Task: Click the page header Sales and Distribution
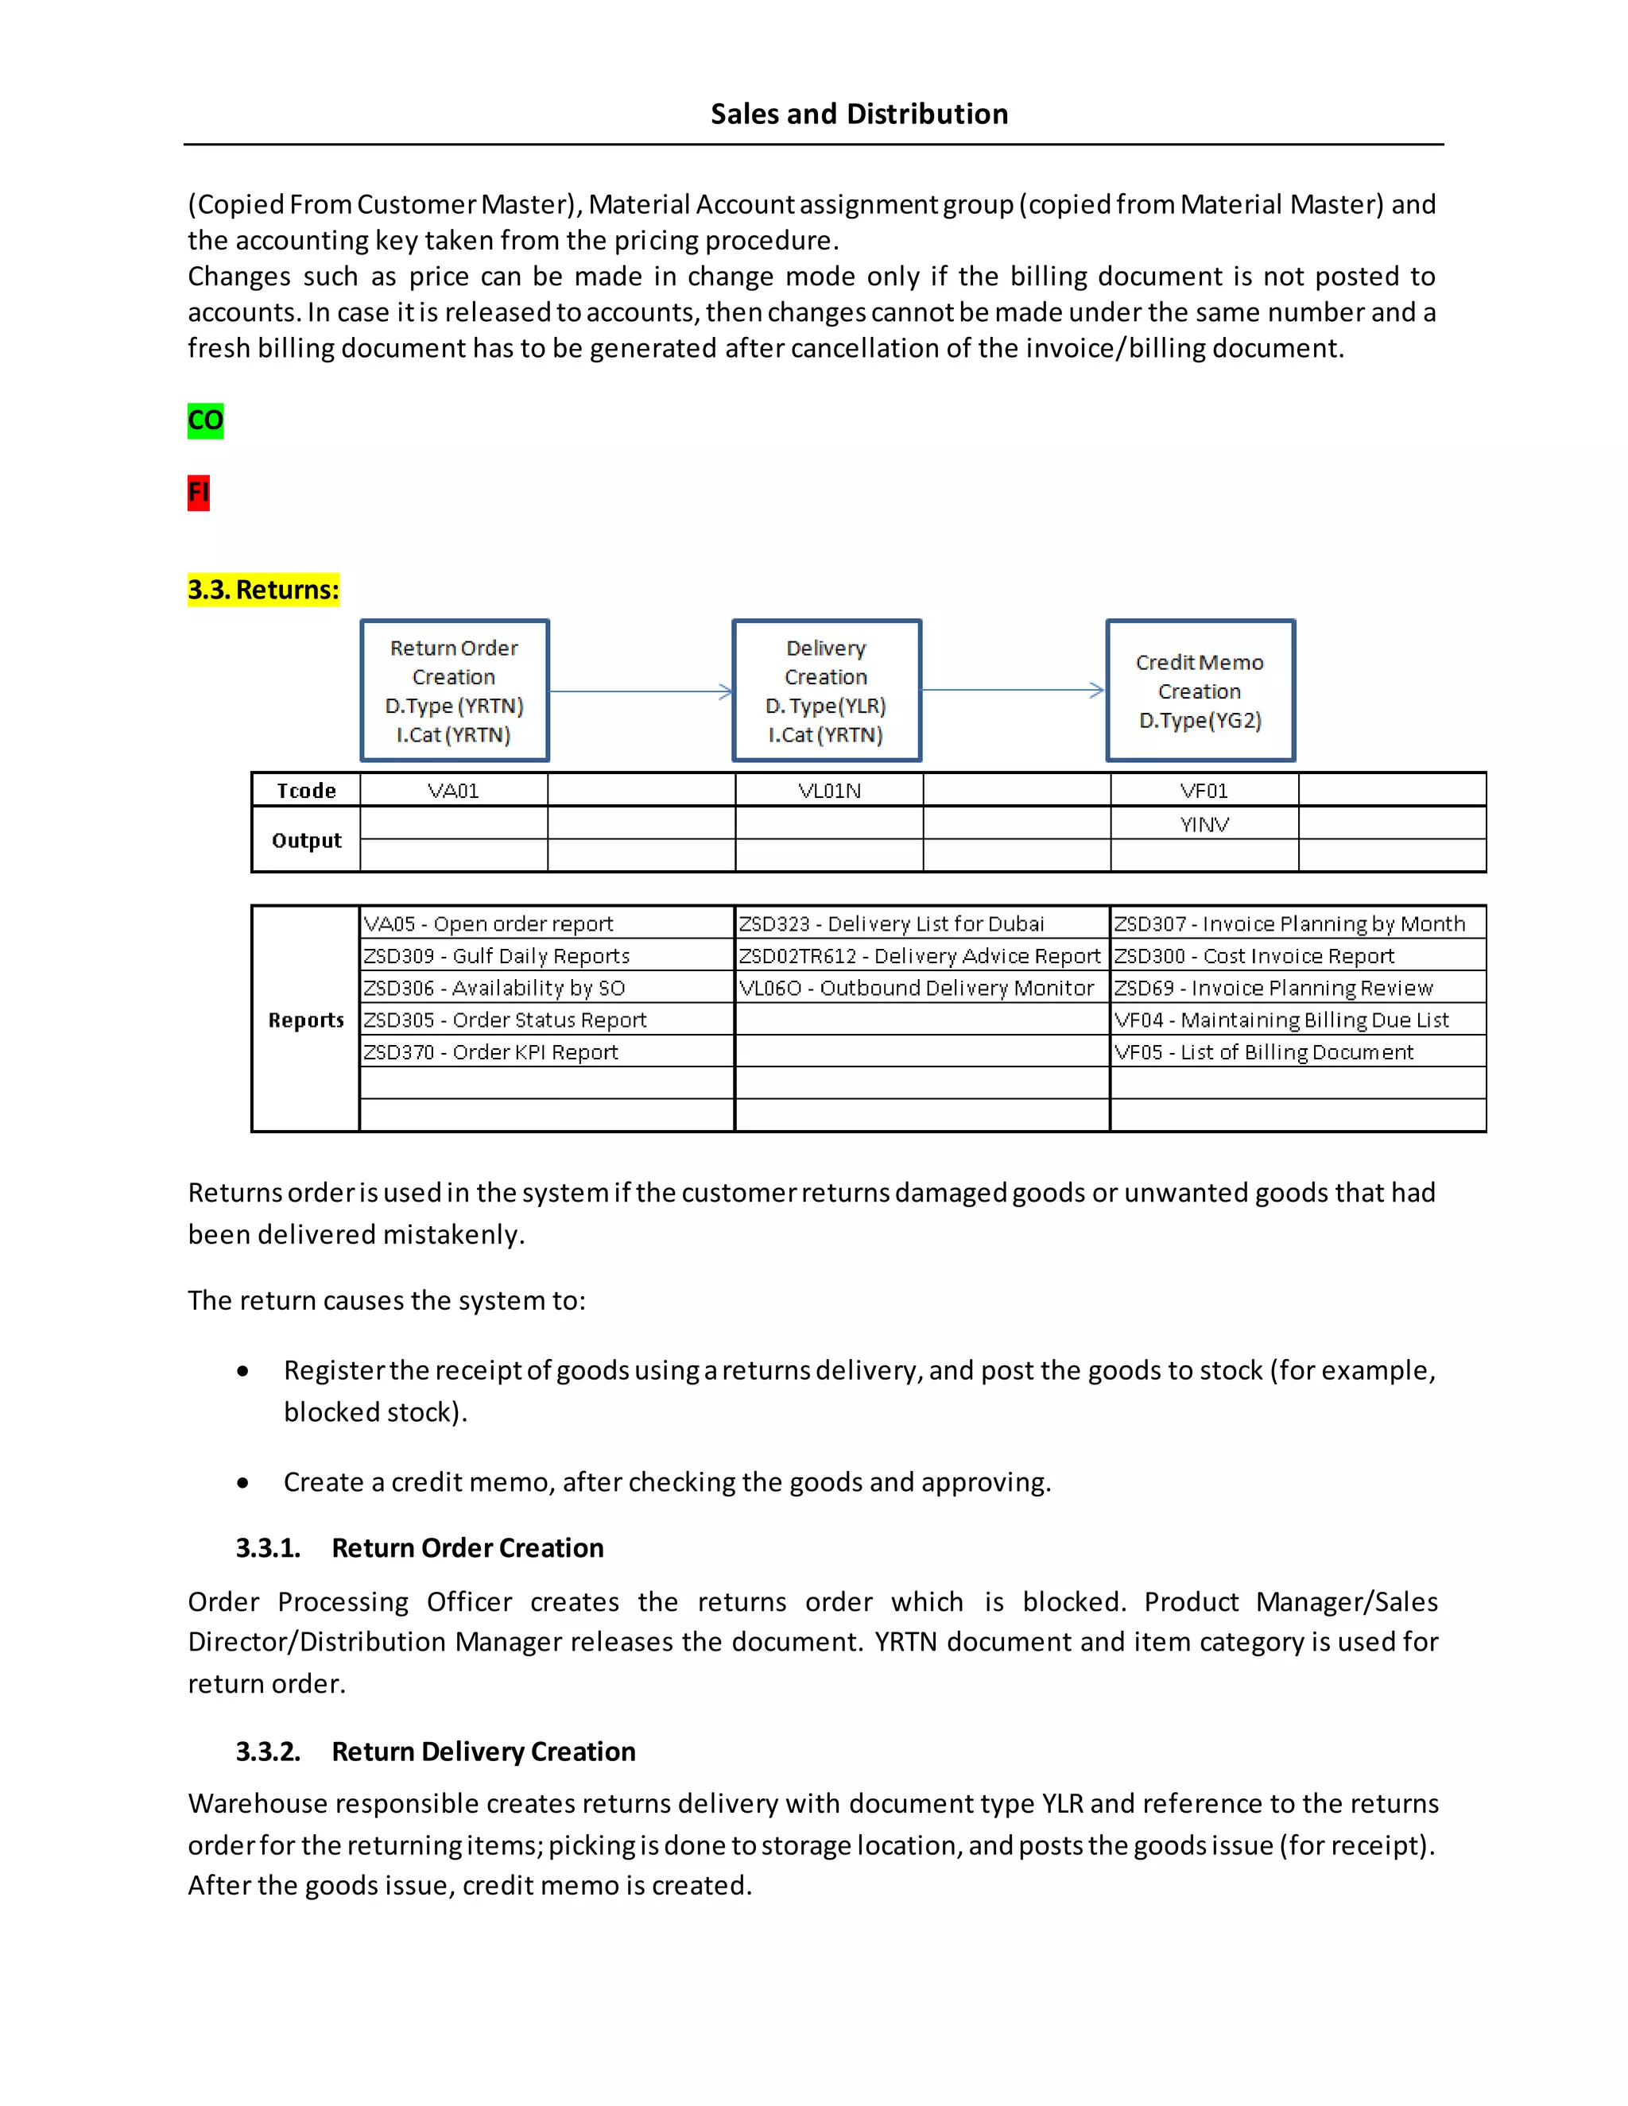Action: coord(859,114)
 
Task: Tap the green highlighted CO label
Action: coord(205,420)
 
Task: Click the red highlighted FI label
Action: coord(199,493)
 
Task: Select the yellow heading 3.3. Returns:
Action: coord(263,589)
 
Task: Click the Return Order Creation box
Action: coord(454,691)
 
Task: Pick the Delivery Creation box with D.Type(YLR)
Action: coord(827,691)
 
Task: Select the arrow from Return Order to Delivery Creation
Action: coord(641,691)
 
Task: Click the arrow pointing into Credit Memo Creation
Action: coord(1013,691)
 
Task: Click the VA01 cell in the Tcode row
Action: coord(453,791)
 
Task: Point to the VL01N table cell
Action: coord(829,791)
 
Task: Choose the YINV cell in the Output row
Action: coord(1204,823)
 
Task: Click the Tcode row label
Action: coord(307,791)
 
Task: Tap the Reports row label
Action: coord(306,1020)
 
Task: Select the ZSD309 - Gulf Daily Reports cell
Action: coord(497,955)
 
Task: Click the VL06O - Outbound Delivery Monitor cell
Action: coord(917,987)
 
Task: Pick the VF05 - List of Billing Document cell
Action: coord(1263,1052)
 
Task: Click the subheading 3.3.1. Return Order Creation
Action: coord(420,1547)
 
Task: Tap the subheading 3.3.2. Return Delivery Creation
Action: coord(436,1751)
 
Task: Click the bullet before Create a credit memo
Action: coord(243,1483)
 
